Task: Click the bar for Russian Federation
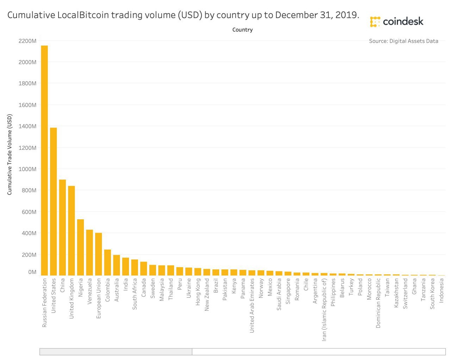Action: pyautogui.click(x=44, y=160)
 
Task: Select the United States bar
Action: pyautogui.click(x=54, y=201)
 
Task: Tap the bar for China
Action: pyautogui.click(x=62, y=227)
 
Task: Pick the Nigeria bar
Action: pyautogui.click(x=80, y=247)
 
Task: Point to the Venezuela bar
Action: pyautogui.click(x=89, y=252)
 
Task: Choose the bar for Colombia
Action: pyautogui.click(x=107, y=262)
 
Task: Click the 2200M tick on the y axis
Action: pyautogui.click(x=27, y=41)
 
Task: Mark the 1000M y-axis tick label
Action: pyautogui.click(x=27, y=169)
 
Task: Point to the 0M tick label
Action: pyautogui.click(x=32, y=272)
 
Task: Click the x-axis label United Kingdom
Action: pyautogui.click(x=72, y=298)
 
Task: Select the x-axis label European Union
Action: pyautogui.click(x=99, y=298)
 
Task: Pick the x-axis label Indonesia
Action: pyautogui.click(x=441, y=290)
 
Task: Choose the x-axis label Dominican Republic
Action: pyautogui.click(x=378, y=303)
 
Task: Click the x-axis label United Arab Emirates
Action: pyautogui.click(x=252, y=305)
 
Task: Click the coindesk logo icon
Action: pyautogui.click(x=375, y=22)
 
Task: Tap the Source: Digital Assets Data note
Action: pyautogui.click(x=403, y=41)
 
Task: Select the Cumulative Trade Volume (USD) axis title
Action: pyautogui.click(x=10, y=154)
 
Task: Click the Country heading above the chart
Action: pyautogui.click(x=242, y=30)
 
